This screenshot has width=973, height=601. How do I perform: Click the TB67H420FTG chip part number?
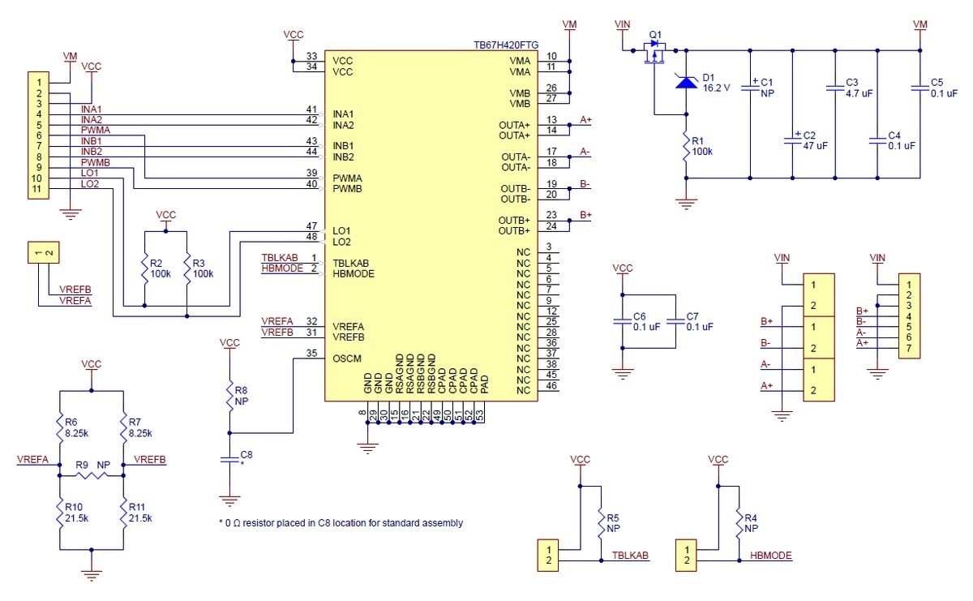pos(506,45)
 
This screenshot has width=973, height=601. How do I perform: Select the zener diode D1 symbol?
pos(686,81)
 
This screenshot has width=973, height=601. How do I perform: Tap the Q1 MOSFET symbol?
pos(654,53)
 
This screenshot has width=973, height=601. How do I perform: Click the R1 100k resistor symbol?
pos(686,146)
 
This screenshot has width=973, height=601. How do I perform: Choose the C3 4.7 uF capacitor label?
pos(859,88)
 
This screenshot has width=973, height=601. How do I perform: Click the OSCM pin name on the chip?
pos(347,358)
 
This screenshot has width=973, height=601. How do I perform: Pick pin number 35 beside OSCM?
pos(312,353)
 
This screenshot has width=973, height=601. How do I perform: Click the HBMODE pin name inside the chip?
pos(354,274)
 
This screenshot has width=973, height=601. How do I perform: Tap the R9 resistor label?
pos(82,465)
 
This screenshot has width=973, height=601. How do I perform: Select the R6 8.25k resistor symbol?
pos(59,428)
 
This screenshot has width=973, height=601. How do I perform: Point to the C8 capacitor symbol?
pos(229,459)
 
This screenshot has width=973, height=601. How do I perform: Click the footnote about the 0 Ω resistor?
pos(341,523)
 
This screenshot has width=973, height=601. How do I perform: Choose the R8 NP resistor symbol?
pos(229,396)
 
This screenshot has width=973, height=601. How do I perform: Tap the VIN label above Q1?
pos(622,24)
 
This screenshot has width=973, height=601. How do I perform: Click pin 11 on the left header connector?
pos(36,189)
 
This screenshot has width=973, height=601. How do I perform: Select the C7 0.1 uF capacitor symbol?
pos(675,321)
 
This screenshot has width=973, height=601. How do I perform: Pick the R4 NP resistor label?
pos(751,523)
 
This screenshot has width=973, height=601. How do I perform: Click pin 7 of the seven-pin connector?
pos(909,348)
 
